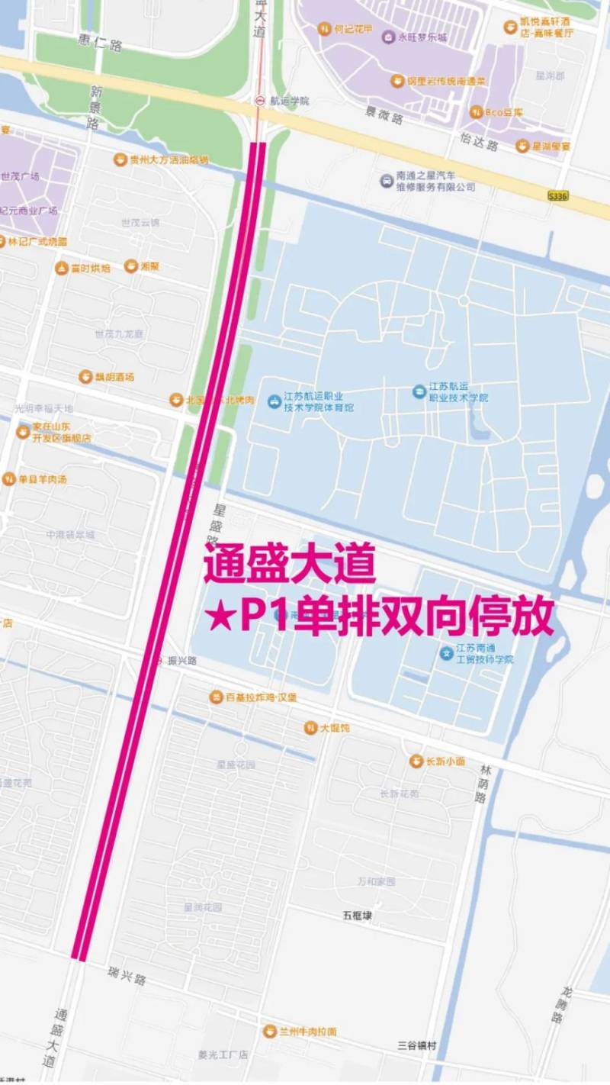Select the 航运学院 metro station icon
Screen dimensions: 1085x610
coord(260,101)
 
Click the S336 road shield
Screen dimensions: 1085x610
coord(558,196)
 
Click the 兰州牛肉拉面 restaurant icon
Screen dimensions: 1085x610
coord(269,1031)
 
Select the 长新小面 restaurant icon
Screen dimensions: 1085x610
coord(416,761)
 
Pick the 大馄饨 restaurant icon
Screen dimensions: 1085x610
coord(310,728)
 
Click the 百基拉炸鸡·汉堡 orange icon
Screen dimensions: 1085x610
coord(217,697)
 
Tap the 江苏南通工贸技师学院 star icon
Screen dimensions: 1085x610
coord(446,653)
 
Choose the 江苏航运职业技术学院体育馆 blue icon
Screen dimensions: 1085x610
coord(274,401)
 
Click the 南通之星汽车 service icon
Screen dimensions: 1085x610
coord(387,181)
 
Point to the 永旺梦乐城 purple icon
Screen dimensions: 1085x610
coord(389,37)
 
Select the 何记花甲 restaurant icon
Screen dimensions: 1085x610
coord(324,29)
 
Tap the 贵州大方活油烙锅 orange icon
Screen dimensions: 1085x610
coord(120,159)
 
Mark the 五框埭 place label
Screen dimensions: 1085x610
coord(357,914)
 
